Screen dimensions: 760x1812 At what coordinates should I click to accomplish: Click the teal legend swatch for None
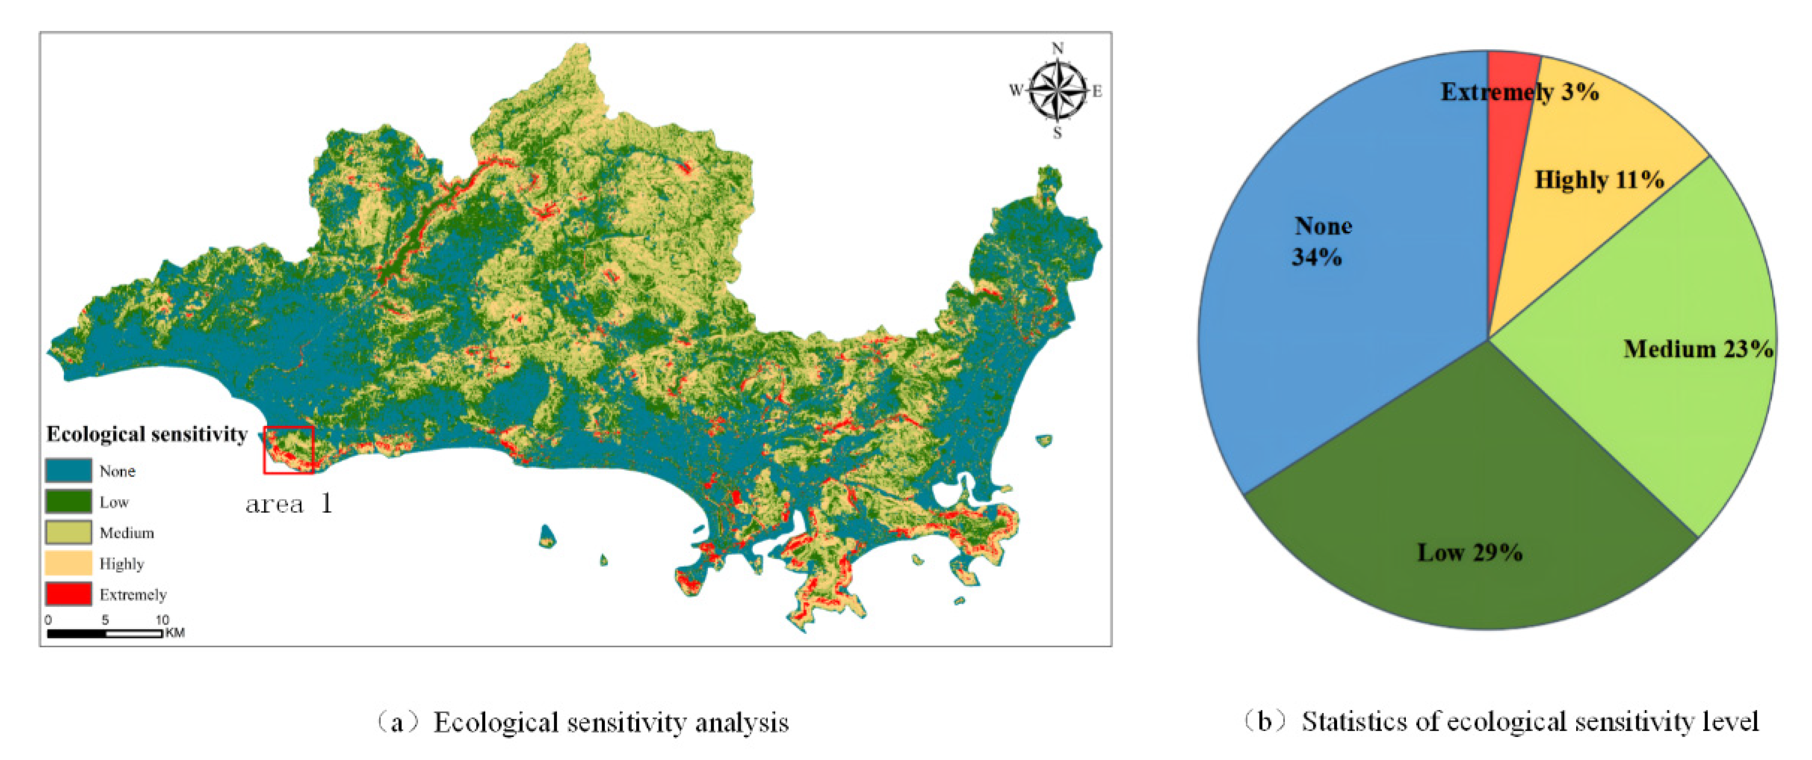click(68, 470)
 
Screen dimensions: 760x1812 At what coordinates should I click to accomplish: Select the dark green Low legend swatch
click(68, 501)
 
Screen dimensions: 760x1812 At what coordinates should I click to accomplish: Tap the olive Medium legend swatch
click(68, 532)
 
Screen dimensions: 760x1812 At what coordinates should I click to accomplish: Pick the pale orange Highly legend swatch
click(68, 563)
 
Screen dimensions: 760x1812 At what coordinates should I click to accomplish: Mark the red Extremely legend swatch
click(68, 594)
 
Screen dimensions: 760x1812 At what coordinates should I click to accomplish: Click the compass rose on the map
click(1057, 90)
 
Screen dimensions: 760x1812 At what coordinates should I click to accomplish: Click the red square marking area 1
click(289, 450)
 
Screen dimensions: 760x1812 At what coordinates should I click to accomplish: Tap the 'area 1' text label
click(289, 504)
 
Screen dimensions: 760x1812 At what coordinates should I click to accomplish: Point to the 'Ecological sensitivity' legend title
click(147, 434)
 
